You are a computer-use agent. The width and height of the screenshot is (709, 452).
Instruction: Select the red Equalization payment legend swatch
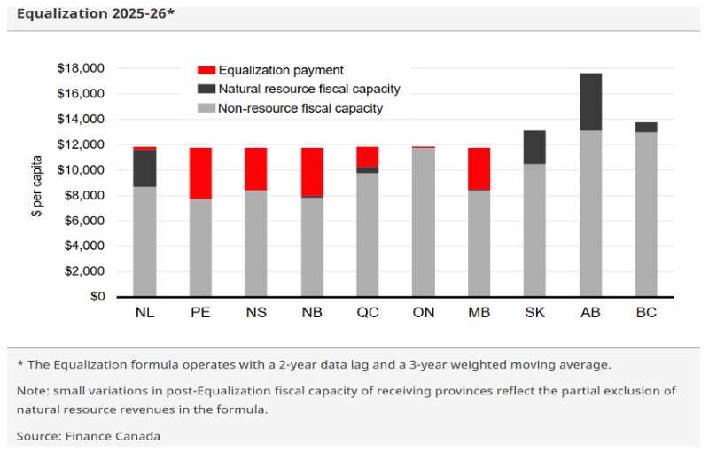pyautogui.click(x=206, y=70)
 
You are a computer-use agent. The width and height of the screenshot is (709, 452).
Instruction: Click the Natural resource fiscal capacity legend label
pyautogui.click(x=309, y=89)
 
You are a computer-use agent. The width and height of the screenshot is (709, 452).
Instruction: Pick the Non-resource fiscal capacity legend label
pyautogui.click(x=300, y=108)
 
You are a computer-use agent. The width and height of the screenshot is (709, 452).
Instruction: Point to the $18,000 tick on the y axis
pyautogui.click(x=81, y=68)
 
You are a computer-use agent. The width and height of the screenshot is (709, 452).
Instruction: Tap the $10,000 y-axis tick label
pyautogui.click(x=81, y=169)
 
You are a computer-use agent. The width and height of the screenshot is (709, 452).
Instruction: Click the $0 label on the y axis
pyautogui.click(x=96, y=296)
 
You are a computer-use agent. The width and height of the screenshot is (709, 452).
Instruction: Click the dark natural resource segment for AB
pyautogui.click(x=590, y=102)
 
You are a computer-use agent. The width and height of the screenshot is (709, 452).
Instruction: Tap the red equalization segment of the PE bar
pyautogui.click(x=200, y=173)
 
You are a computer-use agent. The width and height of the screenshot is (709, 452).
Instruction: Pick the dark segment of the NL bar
pyautogui.click(x=144, y=168)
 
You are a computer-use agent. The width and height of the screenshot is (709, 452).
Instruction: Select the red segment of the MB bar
pyautogui.click(x=479, y=168)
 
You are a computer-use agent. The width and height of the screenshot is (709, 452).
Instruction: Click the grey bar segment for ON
pyautogui.click(x=423, y=222)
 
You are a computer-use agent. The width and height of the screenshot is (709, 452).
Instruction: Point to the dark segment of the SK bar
pyautogui.click(x=534, y=147)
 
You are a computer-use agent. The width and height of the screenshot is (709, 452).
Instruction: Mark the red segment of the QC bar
pyautogui.click(x=367, y=156)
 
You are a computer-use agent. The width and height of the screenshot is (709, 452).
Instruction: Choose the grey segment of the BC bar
pyautogui.click(x=646, y=214)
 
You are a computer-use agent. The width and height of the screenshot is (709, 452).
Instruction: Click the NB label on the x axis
pyautogui.click(x=312, y=313)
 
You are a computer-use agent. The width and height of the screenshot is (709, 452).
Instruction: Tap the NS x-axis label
pyautogui.click(x=256, y=313)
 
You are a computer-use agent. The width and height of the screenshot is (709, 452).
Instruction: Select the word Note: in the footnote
pyautogui.click(x=32, y=391)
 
